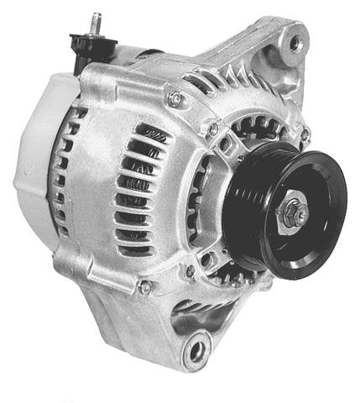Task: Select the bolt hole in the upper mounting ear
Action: [x=295, y=41]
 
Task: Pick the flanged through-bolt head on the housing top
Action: [x=175, y=98]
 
